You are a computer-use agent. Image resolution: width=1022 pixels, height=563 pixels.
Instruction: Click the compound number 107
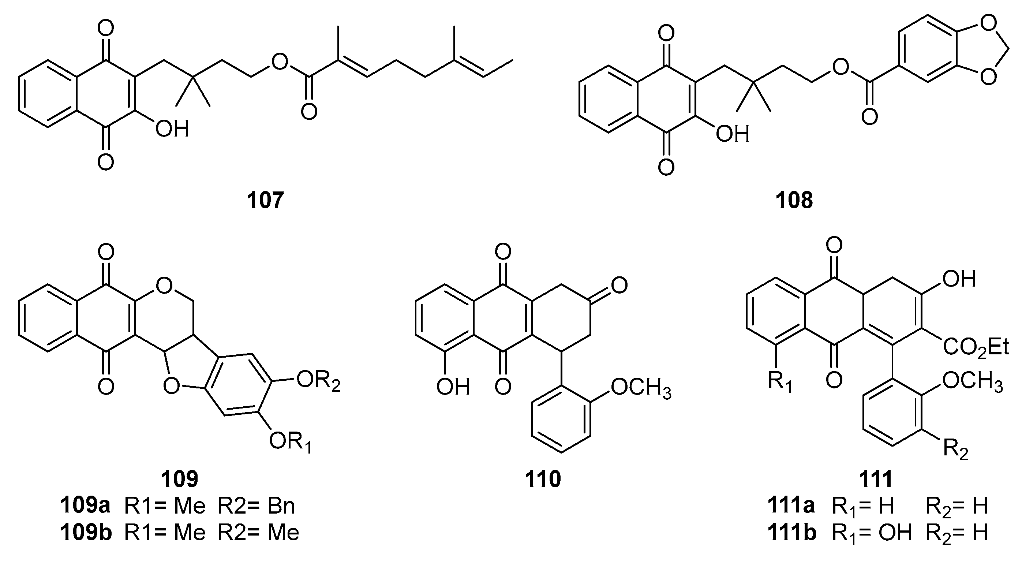pyautogui.click(x=265, y=200)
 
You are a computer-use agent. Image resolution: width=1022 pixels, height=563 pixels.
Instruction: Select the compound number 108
pyautogui.click(x=794, y=200)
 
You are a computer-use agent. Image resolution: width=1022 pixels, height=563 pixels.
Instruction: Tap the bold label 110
pyautogui.click(x=543, y=479)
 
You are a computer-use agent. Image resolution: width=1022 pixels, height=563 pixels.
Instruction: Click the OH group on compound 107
pyautogui.click(x=171, y=129)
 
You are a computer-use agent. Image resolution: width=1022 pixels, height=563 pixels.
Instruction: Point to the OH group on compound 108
pyautogui.click(x=733, y=134)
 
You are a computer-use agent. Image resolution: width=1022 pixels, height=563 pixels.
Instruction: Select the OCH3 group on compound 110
pyautogui.click(x=641, y=387)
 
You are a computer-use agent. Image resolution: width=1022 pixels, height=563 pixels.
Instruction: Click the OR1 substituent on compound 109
pyautogui.click(x=289, y=442)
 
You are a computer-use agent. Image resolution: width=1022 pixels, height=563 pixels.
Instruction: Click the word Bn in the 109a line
pyautogui.click(x=281, y=506)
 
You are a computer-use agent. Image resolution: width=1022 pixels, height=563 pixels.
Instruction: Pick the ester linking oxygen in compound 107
pyautogui.click(x=280, y=61)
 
